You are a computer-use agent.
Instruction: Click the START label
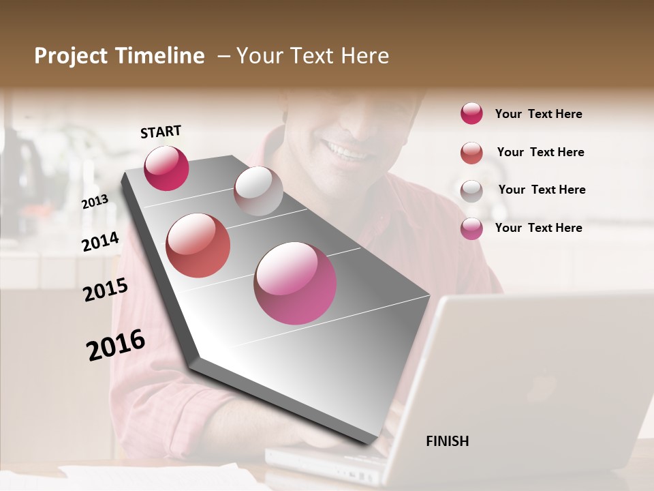point(161,132)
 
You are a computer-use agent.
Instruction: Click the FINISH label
point(447,441)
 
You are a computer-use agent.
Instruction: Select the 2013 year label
point(95,201)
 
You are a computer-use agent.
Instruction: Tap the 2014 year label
point(100,241)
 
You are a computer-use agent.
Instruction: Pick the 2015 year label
point(106,290)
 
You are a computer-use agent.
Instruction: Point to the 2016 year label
point(116,344)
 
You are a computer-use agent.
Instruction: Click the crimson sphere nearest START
point(166,168)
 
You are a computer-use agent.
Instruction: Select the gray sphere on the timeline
point(258,191)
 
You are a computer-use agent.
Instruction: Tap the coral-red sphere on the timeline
point(198,245)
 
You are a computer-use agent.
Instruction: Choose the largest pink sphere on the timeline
point(295,283)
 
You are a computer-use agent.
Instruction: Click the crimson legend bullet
point(471,113)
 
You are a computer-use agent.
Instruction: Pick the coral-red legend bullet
point(471,153)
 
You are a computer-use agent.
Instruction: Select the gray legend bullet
point(471,191)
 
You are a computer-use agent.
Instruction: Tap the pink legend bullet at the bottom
point(471,228)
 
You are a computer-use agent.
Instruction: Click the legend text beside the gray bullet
point(542,190)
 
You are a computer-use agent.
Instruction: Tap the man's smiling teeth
point(346,151)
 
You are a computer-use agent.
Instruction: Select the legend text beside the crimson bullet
point(538,114)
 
